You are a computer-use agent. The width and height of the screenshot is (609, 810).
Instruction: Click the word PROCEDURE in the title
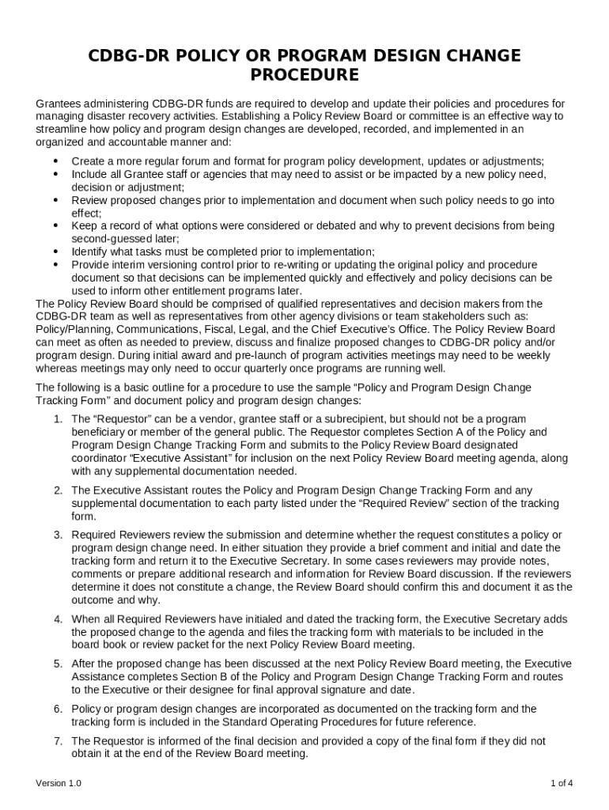click(x=304, y=75)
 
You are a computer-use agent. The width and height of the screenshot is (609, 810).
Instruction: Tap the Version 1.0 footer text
click(x=59, y=783)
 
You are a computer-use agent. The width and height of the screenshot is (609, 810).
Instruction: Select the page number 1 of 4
click(x=562, y=783)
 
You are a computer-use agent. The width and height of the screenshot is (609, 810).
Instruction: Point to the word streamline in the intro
click(x=62, y=129)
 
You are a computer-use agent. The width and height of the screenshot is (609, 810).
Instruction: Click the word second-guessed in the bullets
click(x=108, y=239)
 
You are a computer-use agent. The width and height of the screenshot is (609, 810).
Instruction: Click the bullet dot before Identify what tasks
click(x=56, y=252)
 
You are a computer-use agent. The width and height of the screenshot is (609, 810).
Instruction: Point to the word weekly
click(x=533, y=355)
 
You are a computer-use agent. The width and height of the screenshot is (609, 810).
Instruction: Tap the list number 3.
click(x=58, y=535)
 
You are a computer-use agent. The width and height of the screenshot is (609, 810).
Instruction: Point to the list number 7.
click(x=58, y=740)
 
